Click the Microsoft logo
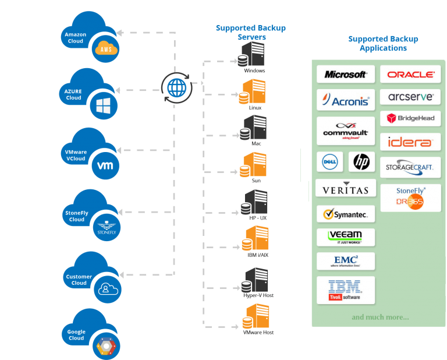[x=346, y=75]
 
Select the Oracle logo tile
[x=410, y=75]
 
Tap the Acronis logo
[x=346, y=100]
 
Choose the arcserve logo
[x=410, y=97]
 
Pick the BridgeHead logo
[x=410, y=118]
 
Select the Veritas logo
[x=346, y=189]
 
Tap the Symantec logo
[x=346, y=214]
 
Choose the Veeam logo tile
[x=346, y=237]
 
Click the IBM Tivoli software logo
[x=346, y=290]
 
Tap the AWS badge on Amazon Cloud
[x=106, y=50]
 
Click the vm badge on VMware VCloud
[x=105, y=165]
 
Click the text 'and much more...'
[x=380, y=317]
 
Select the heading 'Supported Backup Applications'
[x=383, y=44]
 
